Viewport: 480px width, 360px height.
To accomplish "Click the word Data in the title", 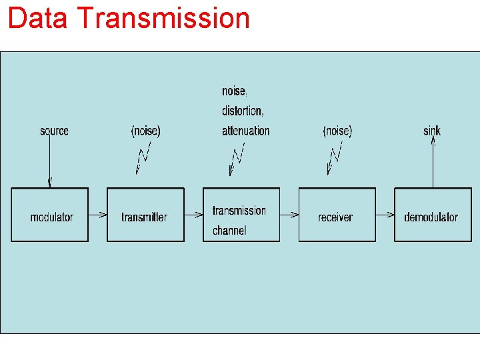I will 37,18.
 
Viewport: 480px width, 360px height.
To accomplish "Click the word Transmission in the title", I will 163,18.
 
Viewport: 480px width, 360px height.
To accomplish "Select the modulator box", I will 50,215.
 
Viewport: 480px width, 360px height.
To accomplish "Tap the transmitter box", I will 145,215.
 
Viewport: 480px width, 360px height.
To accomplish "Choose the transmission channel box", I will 241,215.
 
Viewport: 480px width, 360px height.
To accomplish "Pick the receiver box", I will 337,215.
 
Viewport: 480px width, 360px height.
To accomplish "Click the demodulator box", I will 433,215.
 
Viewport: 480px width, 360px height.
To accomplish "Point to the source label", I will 54,131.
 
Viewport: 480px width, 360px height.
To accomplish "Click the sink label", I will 432,131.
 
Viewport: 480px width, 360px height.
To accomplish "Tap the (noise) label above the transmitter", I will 145,131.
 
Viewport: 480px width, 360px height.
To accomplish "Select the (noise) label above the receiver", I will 337,131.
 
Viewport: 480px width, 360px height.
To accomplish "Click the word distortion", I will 243,111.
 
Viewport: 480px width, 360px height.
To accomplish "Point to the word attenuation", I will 246,131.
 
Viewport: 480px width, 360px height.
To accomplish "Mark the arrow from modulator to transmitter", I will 97,215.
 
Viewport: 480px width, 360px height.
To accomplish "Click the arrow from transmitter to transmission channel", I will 193,215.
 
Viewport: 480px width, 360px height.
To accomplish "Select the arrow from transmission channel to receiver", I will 289,215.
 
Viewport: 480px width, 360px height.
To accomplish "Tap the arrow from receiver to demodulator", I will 385,215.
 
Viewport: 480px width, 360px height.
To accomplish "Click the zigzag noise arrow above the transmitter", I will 143,157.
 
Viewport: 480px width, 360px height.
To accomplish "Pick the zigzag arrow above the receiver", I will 335,157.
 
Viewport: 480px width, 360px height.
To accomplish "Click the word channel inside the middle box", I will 229,231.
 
